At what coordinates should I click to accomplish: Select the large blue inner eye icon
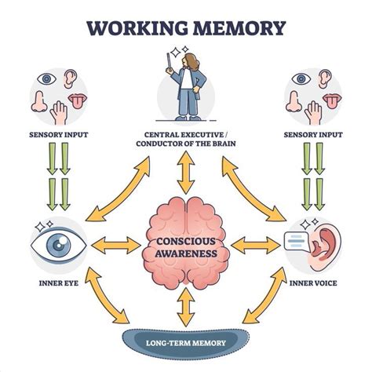pos(57,244)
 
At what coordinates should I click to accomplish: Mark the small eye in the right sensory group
pos(301,79)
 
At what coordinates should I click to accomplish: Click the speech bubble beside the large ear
pos(294,244)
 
